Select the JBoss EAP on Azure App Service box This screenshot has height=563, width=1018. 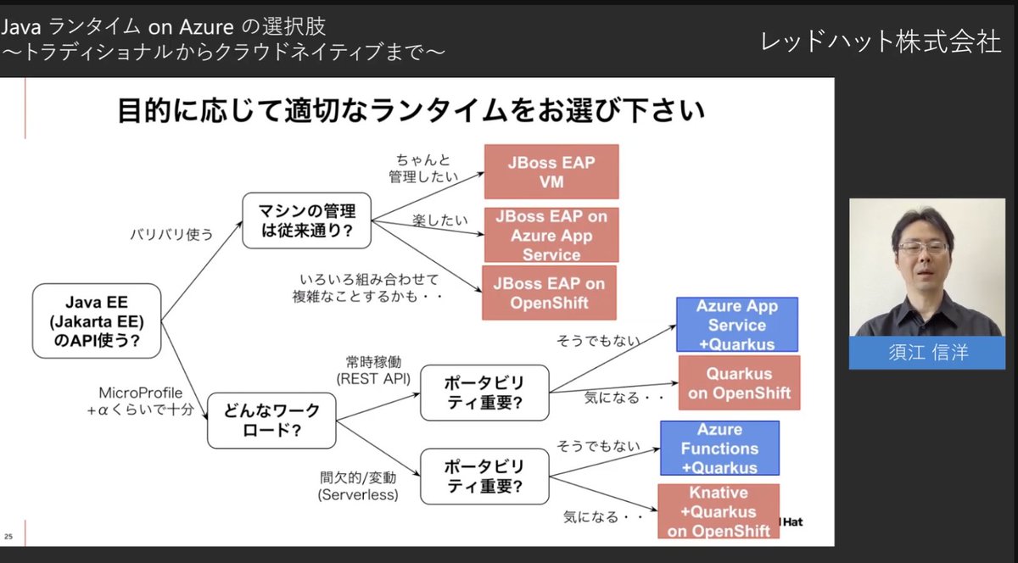point(551,235)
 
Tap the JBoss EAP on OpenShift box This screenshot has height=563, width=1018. point(549,293)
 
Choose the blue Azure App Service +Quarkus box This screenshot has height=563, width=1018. point(736,325)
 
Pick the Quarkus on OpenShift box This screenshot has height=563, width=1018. point(739,382)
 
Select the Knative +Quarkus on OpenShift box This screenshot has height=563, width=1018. point(718,511)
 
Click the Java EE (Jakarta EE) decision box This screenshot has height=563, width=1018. point(96,321)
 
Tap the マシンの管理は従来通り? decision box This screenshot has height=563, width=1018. point(307,220)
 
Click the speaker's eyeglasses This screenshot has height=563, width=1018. point(923,248)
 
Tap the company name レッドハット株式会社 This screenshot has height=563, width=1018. point(881,42)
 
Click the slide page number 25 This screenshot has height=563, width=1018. point(8,537)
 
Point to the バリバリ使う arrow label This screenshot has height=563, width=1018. point(171,234)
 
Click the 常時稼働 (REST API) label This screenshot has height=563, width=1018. point(373,369)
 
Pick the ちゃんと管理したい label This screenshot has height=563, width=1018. point(422,168)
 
